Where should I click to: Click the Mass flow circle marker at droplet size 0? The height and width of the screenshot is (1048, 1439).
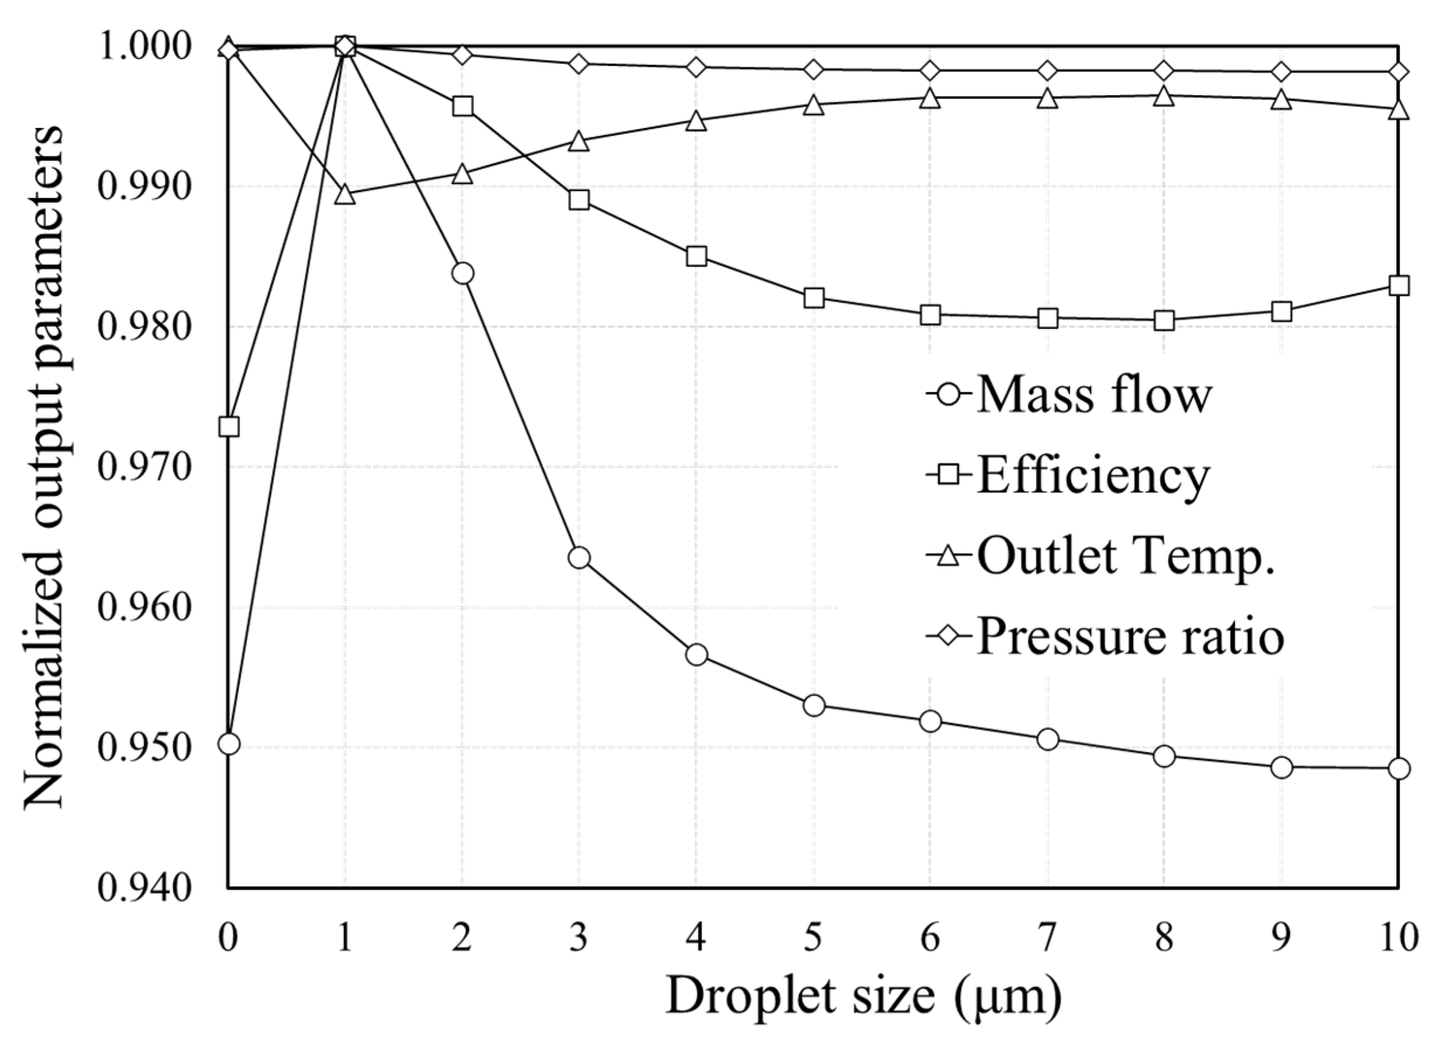(229, 744)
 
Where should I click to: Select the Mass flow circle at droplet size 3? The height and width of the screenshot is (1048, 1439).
(579, 558)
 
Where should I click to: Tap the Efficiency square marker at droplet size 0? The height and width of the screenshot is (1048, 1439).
(229, 427)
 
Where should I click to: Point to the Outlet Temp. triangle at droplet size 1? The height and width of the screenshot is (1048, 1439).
(345, 195)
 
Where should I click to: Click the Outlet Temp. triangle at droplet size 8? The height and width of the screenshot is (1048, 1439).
(1164, 96)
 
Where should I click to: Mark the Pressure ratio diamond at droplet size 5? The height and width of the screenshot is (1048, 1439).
(814, 69)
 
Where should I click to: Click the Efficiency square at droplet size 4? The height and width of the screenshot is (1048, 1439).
(696, 256)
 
